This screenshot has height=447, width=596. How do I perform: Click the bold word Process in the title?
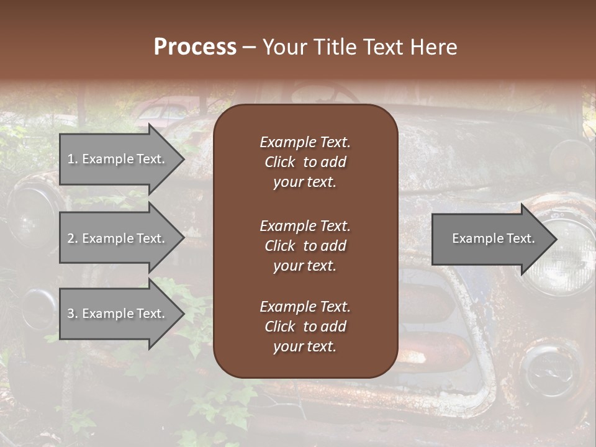click(195, 47)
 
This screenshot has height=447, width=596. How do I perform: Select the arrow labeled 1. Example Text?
click(115, 159)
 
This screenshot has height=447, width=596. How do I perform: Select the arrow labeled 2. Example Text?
click(115, 238)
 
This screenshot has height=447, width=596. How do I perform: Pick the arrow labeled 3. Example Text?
click(115, 314)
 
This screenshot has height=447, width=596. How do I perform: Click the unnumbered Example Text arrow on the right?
click(493, 238)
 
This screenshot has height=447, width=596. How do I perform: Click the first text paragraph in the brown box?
click(305, 162)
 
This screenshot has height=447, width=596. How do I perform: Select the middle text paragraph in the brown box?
click(305, 246)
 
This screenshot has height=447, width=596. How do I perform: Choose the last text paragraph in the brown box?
click(305, 327)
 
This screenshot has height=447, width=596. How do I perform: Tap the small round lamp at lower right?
click(546, 372)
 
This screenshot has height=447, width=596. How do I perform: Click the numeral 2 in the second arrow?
click(70, 238)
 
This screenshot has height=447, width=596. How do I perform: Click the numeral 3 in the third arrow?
click(70, 314)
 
